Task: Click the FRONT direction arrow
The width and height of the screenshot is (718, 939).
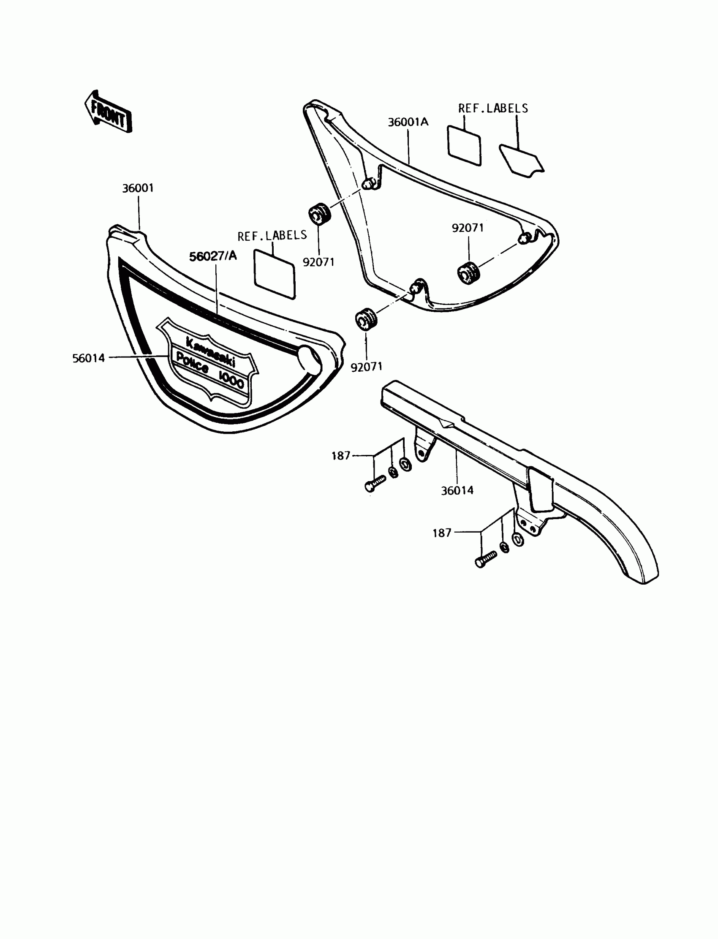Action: click(108, 112)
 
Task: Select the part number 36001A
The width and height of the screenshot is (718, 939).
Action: click(408, 122)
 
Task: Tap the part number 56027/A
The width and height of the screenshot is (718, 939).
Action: click(213, 256)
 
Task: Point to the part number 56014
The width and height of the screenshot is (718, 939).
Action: click(88, 358)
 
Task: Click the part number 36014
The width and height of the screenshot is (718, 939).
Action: click(457, 490)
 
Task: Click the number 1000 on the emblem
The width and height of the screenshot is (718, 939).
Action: click(231, 380)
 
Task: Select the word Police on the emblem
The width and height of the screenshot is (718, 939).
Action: click(193, 363)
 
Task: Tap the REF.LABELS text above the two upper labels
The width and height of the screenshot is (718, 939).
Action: click(493, 109)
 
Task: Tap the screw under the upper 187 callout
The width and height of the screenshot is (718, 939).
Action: click(375, 483)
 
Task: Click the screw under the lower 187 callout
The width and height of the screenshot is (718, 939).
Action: click(486, 558)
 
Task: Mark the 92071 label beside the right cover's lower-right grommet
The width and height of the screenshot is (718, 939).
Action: click(468, 228)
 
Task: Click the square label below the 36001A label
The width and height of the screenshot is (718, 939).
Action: click(464, 145)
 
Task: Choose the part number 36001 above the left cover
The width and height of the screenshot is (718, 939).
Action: click(138, 188)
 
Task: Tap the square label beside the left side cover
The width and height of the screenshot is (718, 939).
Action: click(275, 274)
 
